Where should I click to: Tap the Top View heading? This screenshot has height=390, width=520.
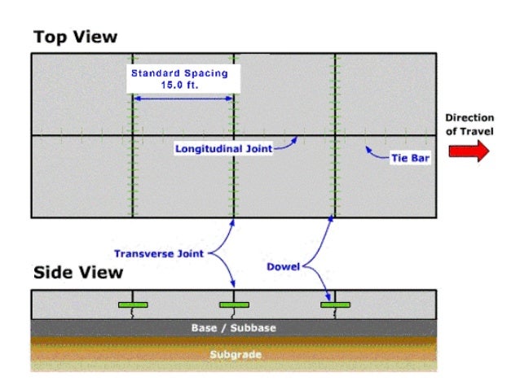pyautogui.click(x=75, y=37)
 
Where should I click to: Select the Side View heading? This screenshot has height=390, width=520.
pyautogui.click(x=77, y=273)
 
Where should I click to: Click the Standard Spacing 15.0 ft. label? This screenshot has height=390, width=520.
pyautogui.click(x=179, y=78)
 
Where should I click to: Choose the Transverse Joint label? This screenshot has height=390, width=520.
pyautogui.click(x=160, y=253)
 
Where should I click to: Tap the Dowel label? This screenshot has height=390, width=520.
pyautogui.click(x=284, y=266)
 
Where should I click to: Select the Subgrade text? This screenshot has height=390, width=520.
pyautogui.click(x=235, y=355)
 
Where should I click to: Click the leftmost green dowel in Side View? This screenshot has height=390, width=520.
pyautogui.click(x=133, y=305)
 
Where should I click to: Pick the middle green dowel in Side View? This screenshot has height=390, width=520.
pyautogui.click(x=234, y=305)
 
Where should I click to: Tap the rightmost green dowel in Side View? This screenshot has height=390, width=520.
pyautogui.click(x=335, y=305)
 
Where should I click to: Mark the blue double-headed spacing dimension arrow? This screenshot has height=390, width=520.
pyautogui.click(x=183, y=99)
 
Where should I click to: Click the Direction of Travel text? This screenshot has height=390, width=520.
pyautogui.click(x=469, y=124)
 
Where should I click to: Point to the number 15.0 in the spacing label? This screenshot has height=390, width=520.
pyautogui.click(x=174, y=84)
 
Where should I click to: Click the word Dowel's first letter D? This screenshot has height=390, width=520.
pyautogui.click(x=271, y=266)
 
